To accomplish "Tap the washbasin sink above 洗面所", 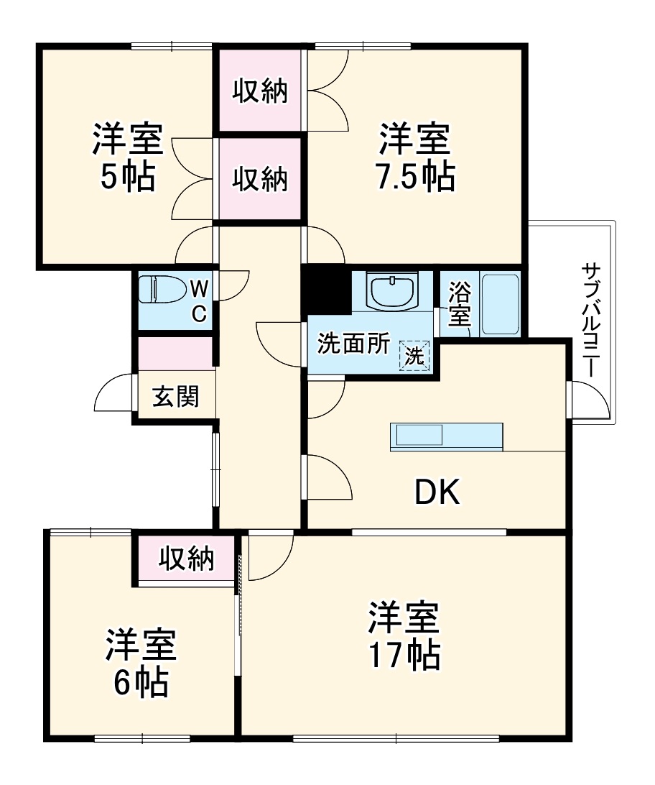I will pos(392,290).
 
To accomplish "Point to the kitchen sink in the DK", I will pos(417,436).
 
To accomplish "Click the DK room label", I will pos(436,492).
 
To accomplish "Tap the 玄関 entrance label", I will pos(175,395).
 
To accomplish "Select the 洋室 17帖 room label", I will pos(404,635).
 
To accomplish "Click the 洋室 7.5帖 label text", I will pos(415,157).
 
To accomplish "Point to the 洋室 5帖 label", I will pos(127,157).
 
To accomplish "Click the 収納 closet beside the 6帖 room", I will pos(186,559).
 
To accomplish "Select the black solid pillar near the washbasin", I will pos(325,288).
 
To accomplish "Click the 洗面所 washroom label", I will pos(353,345).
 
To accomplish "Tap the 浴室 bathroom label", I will pos(457,303).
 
